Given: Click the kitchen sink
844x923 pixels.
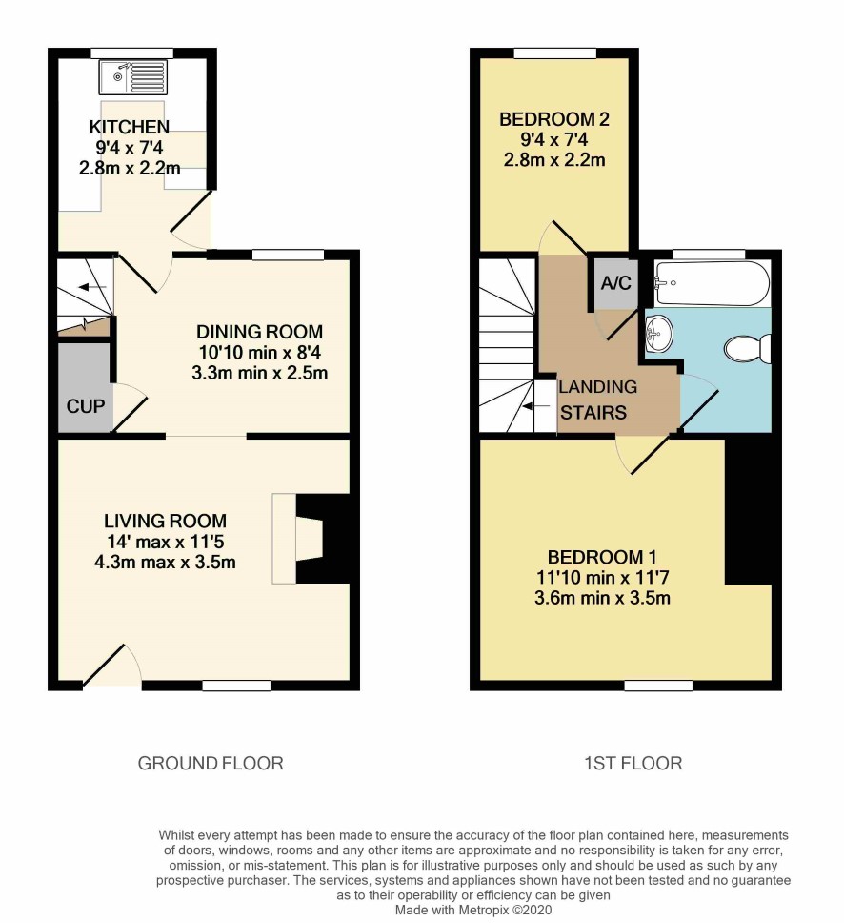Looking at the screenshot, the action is coord(133,77).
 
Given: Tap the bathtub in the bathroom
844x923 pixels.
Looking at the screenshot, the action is coord(712,284).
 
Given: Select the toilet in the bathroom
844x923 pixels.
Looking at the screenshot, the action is coord(748,349).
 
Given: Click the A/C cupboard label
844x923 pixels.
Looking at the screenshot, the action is coord(615,283).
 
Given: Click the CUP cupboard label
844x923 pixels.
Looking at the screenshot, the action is coord(86,406).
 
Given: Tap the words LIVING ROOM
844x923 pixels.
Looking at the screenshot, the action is coord(165,521).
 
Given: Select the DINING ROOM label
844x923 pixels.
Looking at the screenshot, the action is coord(259,332).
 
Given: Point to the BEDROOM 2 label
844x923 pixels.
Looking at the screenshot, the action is coord(554,119).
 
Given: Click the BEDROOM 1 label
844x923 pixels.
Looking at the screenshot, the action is coord(602,557).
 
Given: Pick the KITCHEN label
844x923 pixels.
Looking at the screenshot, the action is coord(130,127).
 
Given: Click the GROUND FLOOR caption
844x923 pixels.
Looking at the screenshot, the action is coord(211,764).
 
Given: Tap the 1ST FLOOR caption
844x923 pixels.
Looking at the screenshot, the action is coord(633,764).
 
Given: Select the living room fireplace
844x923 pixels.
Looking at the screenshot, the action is coord(297,539).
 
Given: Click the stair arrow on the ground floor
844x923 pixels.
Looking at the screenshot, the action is coord(92,287).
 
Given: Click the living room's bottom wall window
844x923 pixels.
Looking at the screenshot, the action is coord(236,686).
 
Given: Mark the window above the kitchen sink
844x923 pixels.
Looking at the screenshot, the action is coord(132,53).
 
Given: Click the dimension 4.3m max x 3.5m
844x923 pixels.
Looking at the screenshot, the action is coord(165,563).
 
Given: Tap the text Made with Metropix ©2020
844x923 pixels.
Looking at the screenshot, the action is coord(473,910).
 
